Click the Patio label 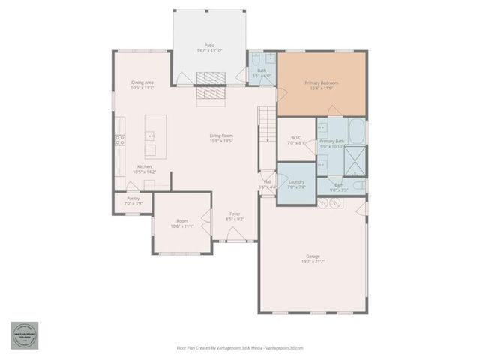click(x=210, y=45)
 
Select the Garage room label click(x=313, y=256)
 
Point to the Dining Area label click(x=143, y=82)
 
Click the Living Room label click(x=220, y=136)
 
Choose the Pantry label click(x=133, y=199)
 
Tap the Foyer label click(x=235, y=214)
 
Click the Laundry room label click(x=295, y=182)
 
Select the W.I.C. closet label click(x=296, y=138)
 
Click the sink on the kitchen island click(x=150, y=136)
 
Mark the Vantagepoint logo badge click(x=24, y=335)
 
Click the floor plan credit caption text click(x=239, y=348)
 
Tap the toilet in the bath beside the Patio click(x=256, y=59)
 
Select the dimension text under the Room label click(x=182, y=226)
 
